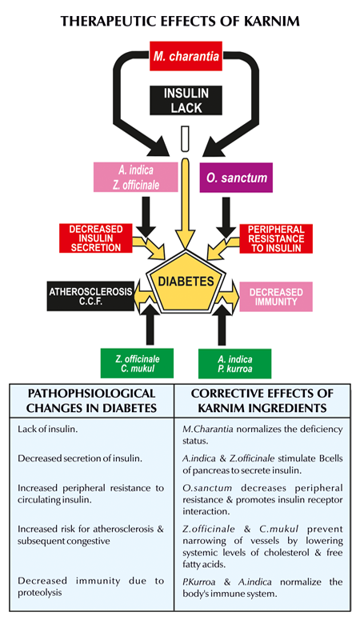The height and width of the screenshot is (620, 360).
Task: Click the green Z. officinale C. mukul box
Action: (x=135, y=362)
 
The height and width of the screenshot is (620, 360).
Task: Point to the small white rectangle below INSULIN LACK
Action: (x=185, y=138)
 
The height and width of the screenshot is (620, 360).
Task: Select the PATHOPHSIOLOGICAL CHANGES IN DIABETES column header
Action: (x=95, y=400)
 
